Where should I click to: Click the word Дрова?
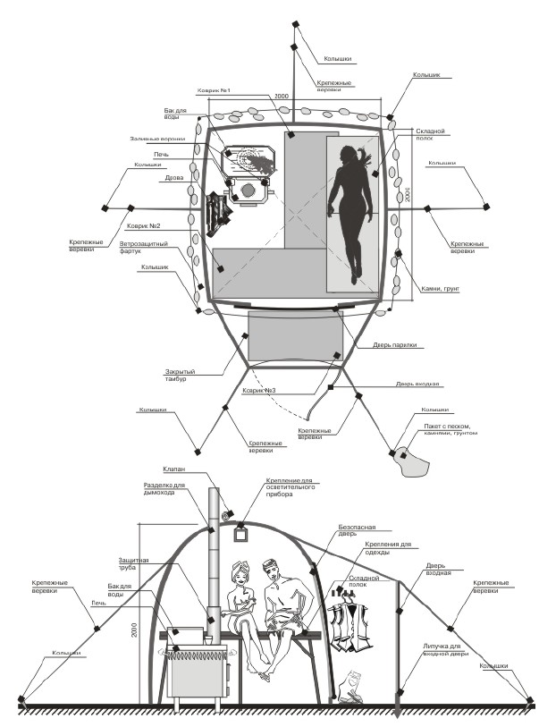click(174, 177)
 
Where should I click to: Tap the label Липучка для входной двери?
click(442, 649)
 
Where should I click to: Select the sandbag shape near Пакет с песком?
click(411, 461)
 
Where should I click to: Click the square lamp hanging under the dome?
click(240, 533)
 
